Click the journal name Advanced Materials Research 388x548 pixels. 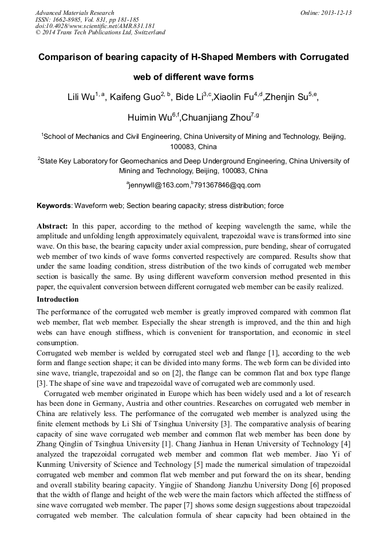pyautogui.click(x=74, y=13)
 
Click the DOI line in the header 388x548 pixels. pyautogui.click(x=95, y=26)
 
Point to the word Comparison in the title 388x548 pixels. pyautogui.click(x=67, y=57)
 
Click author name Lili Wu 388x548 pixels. pyautogui.click(x=81, y=97)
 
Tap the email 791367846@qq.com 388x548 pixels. pyautogui.click(x=227, y=185)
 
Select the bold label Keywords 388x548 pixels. pyautogui.click(x=54, y=206)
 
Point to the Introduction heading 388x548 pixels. pyautogui.click(x=58, y=299)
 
